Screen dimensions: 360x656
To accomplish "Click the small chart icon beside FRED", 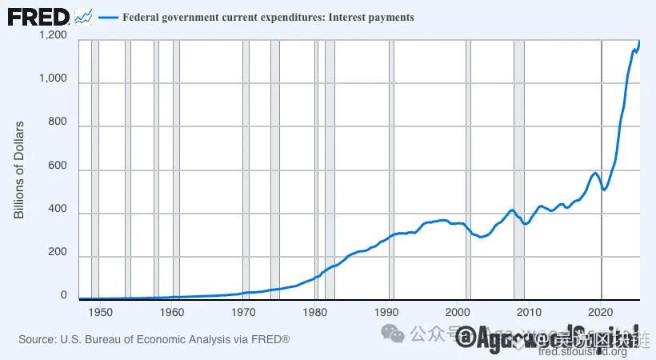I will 83,15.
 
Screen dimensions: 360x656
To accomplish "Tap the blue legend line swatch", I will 107,17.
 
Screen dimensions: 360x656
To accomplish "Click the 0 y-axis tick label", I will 63,295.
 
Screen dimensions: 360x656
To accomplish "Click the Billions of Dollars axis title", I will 20,170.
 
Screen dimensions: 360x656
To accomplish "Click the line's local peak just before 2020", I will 594,172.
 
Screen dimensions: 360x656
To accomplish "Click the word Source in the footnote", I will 37,340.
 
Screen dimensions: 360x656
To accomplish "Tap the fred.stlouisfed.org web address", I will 582,352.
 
